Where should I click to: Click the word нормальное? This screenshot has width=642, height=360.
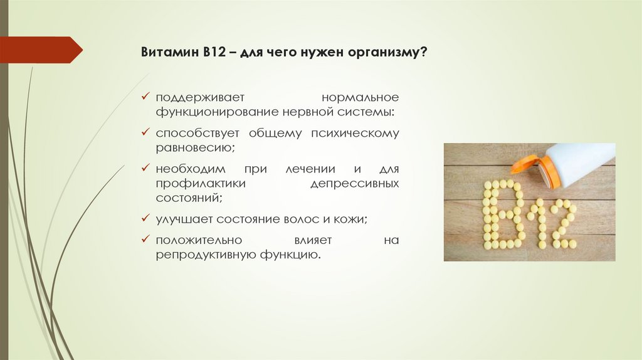click(360, 98)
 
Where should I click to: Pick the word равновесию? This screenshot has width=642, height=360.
click(195, 147)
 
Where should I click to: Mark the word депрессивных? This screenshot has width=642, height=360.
click(354, 183)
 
